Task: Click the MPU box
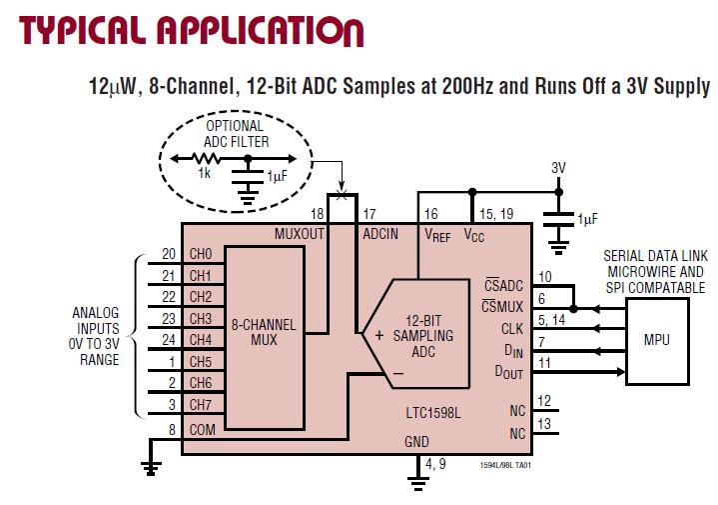(657, 340)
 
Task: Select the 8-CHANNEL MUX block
(263, 332)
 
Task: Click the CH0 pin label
(200, 254)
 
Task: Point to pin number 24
(170, 340)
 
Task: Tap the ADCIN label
(380, 233)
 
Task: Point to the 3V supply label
(558, 169)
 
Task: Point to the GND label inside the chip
(416, 440)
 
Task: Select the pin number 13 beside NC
(544, 425)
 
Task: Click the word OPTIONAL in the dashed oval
(234, 127)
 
